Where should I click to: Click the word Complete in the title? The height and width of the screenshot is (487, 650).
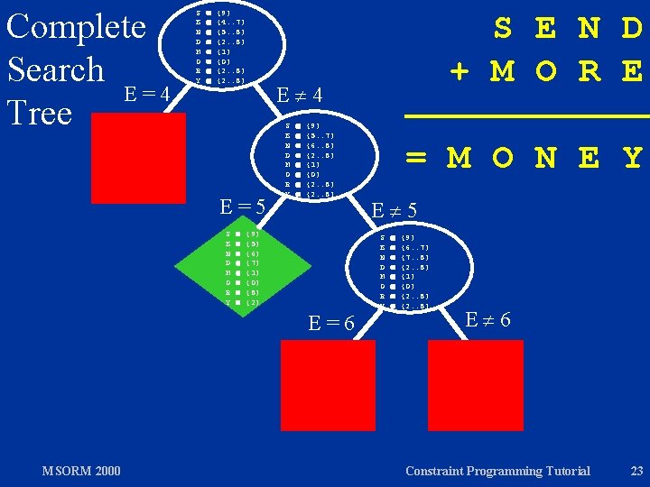[x=75, y=26]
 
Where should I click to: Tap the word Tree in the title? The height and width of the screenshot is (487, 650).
[x=39, y=113]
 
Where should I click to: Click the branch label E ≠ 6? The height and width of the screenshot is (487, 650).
[x=490, y=318]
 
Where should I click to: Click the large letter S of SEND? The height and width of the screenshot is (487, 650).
[x=504, y=30]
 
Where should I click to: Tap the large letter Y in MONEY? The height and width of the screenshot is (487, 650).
[x=632, y=158]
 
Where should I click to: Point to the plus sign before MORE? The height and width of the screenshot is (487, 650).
[x=459, y=70]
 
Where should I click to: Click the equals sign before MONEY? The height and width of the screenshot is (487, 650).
[x=416, y=158]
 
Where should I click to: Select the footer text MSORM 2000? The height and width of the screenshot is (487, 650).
[x=81, y=471]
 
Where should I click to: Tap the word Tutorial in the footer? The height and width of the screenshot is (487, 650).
[x=564, y=471]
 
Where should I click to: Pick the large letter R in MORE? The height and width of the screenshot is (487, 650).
[x=590, y=70]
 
